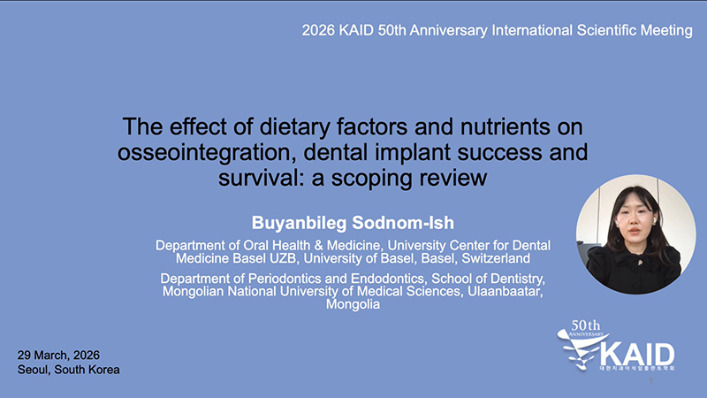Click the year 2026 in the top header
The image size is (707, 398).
[x=318, y=30]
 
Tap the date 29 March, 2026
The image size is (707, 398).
[x=58, y=356]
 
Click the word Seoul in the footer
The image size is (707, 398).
[x=34, y=370]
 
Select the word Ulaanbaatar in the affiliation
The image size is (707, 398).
[x=505, y=291]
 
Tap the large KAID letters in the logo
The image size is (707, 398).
[x=636, y=355]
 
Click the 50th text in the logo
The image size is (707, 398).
[x=585, y=325]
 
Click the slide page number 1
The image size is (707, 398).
[x=650, y=381]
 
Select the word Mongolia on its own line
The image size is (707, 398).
[x=353, y=304]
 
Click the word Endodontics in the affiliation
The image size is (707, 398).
[x=388, y=278]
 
